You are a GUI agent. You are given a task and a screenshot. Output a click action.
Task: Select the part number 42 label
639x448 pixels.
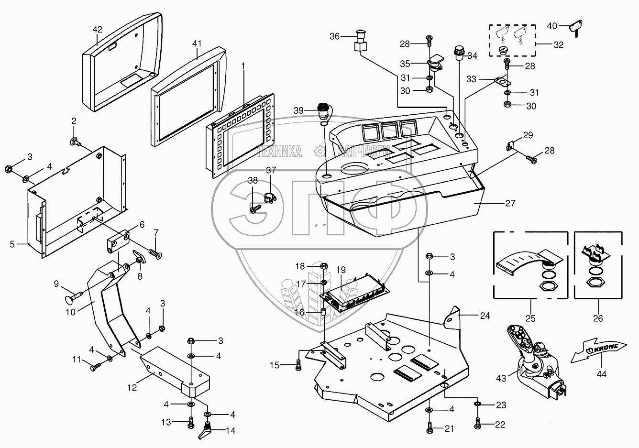click(x=97, y=30)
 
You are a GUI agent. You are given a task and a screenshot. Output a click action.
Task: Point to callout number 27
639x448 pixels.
click(x=510, y=203)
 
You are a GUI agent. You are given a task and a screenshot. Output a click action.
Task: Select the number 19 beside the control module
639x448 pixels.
click(x=341, y=270)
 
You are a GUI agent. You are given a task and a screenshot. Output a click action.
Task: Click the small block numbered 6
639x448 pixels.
click(x=118, y=241)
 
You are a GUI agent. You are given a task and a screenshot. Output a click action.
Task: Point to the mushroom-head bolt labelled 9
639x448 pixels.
click(x=74, y=296)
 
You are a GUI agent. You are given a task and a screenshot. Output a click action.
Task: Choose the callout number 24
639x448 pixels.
click(x=485, y=316)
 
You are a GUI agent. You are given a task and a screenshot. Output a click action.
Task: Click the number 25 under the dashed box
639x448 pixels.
click(x=530, y=318)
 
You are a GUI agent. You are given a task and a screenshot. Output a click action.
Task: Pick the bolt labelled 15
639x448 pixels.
click(x=298, y=365)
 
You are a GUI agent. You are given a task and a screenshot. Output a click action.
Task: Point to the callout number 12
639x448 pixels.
click(x=132, y=388)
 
